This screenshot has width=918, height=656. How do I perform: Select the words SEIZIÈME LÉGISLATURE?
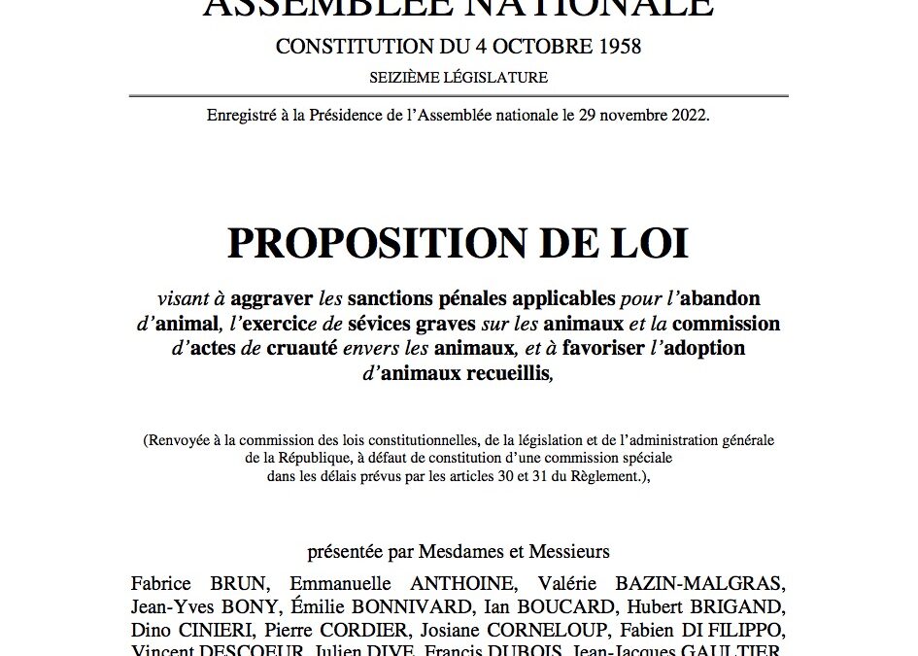[459, 78]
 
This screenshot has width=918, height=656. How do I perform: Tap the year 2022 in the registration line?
[685, 116]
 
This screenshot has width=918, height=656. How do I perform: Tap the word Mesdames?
[460, 552]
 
